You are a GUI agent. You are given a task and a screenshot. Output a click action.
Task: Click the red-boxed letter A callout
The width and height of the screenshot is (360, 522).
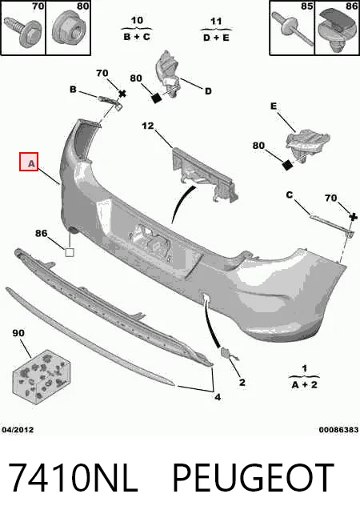[29, 162]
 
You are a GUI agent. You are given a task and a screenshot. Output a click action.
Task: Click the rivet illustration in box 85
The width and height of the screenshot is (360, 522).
[293, 29]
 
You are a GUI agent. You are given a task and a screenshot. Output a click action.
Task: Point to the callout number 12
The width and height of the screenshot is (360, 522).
[148, 126]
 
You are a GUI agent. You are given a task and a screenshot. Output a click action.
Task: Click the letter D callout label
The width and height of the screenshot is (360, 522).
[208, 91]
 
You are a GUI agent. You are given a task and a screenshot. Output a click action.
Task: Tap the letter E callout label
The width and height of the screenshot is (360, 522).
[274, 106]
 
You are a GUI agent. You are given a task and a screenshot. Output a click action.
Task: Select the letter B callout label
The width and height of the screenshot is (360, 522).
[73, 89]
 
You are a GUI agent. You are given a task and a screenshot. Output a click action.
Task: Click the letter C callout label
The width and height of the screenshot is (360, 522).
[290, 195]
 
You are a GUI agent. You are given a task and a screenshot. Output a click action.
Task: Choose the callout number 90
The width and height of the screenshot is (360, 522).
[18, 332]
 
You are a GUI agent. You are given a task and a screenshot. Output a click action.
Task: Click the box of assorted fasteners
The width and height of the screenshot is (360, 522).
[41, 376]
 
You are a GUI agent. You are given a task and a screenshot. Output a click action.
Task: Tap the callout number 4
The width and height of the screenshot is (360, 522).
[218, 397]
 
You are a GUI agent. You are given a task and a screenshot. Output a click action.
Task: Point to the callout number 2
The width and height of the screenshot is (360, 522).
[242, 383]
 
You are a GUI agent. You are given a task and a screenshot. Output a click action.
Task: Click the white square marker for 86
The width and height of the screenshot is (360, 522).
[70, 252]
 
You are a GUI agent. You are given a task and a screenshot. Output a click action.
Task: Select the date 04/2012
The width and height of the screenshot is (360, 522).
[18, 430]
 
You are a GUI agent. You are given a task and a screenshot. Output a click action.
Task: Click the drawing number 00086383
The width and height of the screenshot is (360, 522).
[338, 430]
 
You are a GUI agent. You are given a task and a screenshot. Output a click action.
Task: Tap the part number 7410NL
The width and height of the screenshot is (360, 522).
[73, 477]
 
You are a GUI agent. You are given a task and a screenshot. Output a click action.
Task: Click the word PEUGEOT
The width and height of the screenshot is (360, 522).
[253, 477]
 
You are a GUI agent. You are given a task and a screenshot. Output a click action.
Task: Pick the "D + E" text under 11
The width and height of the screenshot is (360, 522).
[216, 38]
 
